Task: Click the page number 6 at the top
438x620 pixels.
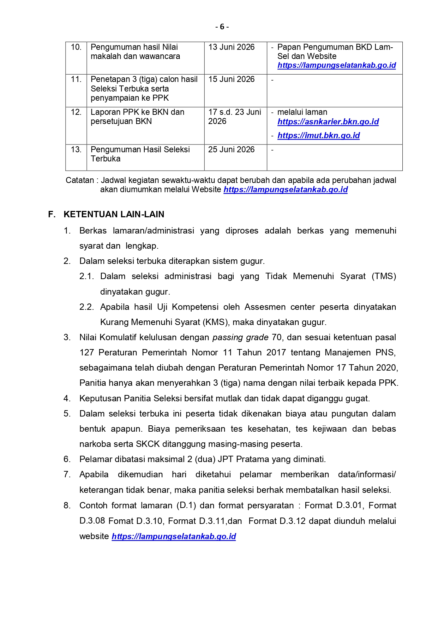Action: pos(222,27)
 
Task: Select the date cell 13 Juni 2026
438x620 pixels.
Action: pos(231,47)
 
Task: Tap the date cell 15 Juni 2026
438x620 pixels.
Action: pos(231,79)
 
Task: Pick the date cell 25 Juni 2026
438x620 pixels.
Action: pos(231,149)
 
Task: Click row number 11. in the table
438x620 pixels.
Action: pos(76,79)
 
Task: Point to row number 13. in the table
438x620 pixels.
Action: pos(76,149)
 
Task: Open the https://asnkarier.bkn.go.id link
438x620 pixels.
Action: pos(328,122)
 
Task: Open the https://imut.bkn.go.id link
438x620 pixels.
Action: pos(318,136)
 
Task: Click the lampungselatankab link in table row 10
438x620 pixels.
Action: pos(336,65)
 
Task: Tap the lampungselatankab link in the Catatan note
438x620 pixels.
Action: pos(286,190)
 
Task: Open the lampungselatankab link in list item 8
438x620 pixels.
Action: pos(174,536)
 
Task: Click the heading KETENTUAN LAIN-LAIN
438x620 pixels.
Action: pos(114,214)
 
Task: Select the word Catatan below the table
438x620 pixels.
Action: pos(79,181)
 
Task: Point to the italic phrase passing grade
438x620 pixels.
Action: pos(240,337)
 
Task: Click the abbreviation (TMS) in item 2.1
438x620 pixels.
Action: pos(384,276)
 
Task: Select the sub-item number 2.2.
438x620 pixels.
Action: pos(86,307)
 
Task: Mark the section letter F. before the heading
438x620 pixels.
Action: pos(52,214)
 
